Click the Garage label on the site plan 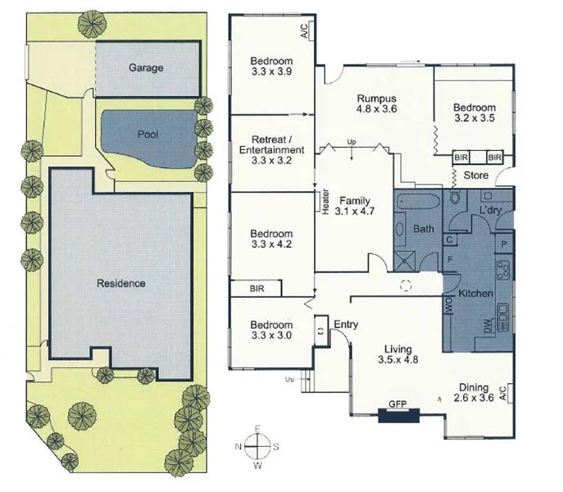(x=146, y=68)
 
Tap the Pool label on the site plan (x=148, y=134)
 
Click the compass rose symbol (x=257, y=448)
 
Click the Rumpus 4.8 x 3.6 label (x=376, y=102)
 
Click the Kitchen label (x=475, y=293)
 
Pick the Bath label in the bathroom (x=424, y=229)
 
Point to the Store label (x=475, y=175)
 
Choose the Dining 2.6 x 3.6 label (x=474, y=394)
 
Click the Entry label (x=346, y=325)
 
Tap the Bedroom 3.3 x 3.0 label (x=271, y=329)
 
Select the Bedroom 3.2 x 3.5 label (x=474, y=113)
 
